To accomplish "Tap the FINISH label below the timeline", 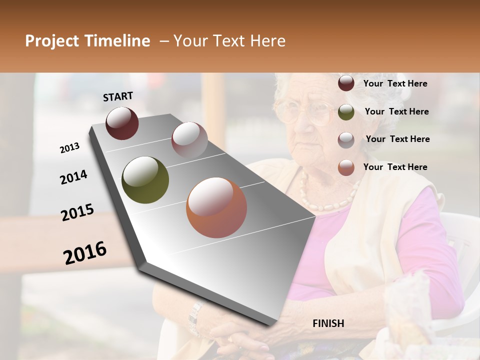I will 328,323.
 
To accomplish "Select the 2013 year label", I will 69,147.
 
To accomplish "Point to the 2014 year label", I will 73,177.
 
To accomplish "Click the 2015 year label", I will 77,212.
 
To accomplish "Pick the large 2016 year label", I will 85,253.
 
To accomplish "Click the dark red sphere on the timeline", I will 122,122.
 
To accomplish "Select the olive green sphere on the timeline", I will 145,180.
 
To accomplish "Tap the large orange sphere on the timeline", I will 216,207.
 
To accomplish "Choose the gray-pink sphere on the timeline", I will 189,139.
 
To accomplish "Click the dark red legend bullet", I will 346,83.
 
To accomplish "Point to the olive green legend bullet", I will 346,112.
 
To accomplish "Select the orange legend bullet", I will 346,167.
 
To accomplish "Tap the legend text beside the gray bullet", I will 397,139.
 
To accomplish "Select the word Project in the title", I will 51,41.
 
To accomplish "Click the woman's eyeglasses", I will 302,112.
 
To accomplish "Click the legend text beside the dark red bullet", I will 395,83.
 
